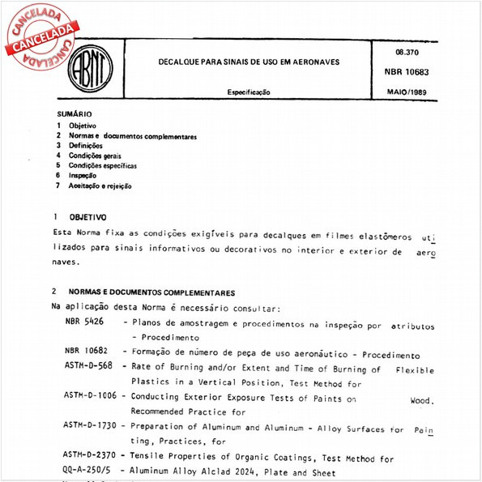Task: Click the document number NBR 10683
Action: [x=412, y=71]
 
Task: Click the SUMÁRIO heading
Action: [x=75, y=114]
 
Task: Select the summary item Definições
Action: [x=86, y=146]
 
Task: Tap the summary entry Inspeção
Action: [x=83, y=175]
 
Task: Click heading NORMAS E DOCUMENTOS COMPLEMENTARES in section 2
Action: [x=151, y=292]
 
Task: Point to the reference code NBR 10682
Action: [x=84, y=354]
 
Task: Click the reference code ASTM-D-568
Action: [x=88, y=366]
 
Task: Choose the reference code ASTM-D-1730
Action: [x=91, y=425]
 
